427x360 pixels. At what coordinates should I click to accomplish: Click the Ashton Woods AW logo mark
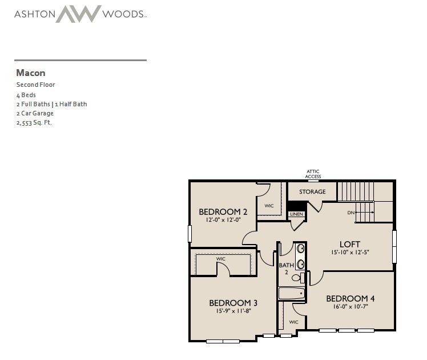(78, 14)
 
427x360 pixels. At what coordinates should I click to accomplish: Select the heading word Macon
(31, 73)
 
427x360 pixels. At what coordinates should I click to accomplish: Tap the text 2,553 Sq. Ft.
(34, 123)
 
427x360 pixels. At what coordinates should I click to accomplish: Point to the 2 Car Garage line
(35, 113)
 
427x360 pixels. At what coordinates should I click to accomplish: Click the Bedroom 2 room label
(223, 212)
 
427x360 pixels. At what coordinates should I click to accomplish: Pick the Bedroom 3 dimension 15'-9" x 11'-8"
(233, 311)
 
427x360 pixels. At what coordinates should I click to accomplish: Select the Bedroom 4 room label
(351, 299)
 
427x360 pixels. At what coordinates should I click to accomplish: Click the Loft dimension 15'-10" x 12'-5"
(350, 253)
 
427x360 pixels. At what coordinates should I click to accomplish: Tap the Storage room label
(312, 192)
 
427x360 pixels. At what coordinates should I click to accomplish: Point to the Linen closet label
(296, 214)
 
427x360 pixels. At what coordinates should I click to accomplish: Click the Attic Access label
(313, 174)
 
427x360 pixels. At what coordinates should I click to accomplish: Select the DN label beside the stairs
(351, 213)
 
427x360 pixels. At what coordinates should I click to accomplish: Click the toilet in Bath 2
(298, 278)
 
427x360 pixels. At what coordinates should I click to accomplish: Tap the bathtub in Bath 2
(291, 294)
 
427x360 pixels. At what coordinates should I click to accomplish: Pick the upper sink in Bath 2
(300, 249)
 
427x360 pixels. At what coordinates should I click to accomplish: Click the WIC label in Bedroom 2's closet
(269, 206)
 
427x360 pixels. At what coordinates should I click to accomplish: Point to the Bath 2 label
(286, 269)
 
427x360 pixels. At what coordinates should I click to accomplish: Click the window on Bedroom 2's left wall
(190, 234)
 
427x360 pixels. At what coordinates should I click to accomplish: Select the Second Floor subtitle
(35, 85)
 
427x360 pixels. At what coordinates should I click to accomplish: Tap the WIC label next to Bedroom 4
(293, 322)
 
